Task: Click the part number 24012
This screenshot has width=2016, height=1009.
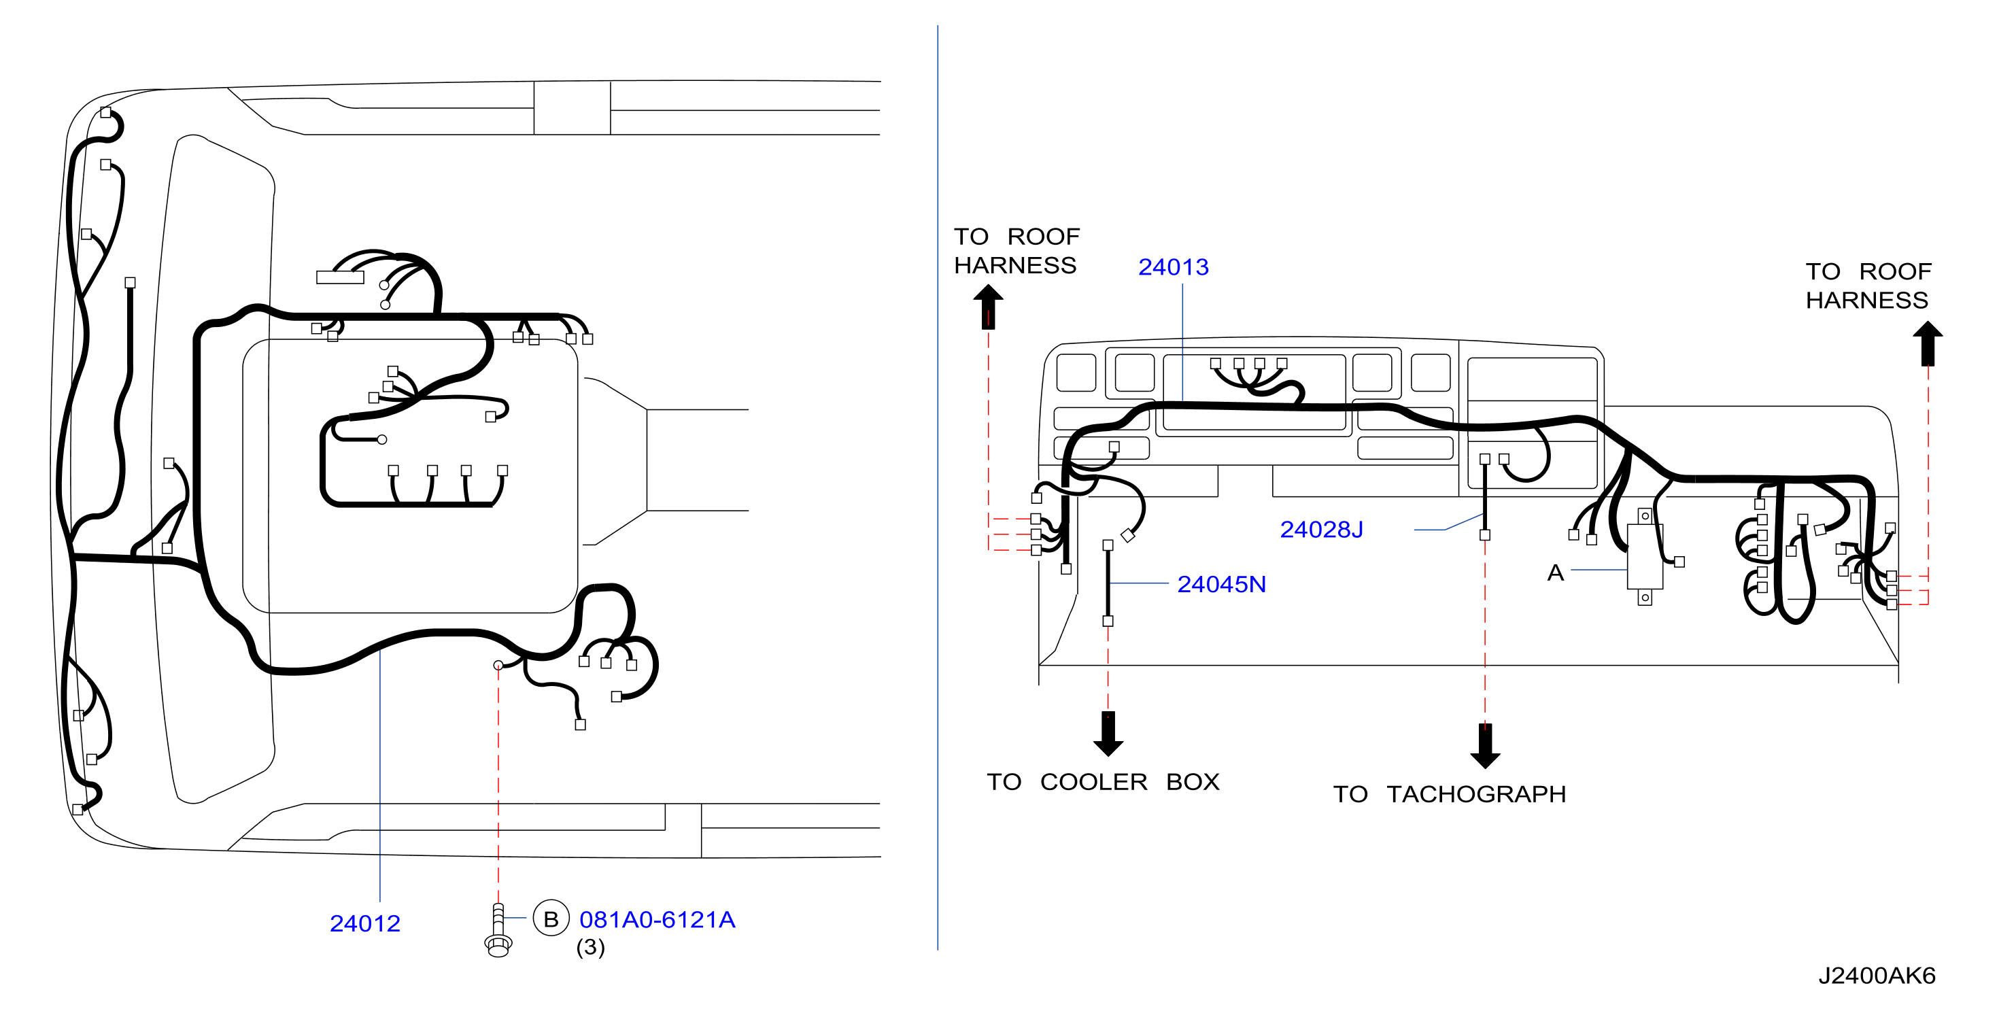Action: point(364,924)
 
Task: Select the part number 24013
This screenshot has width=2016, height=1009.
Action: point(1173,267)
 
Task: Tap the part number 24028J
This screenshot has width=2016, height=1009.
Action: point(1321,530)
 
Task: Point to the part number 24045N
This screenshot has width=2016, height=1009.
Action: point(1221,584)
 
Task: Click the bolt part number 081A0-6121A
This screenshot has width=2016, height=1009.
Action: point(657,920)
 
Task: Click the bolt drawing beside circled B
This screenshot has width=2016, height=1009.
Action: point(498,930)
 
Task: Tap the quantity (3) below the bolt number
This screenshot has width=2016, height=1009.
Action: point(590,947)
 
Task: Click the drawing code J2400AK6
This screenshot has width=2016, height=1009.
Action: point(1876,975)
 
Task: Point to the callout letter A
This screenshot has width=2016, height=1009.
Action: point(1555,573)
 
